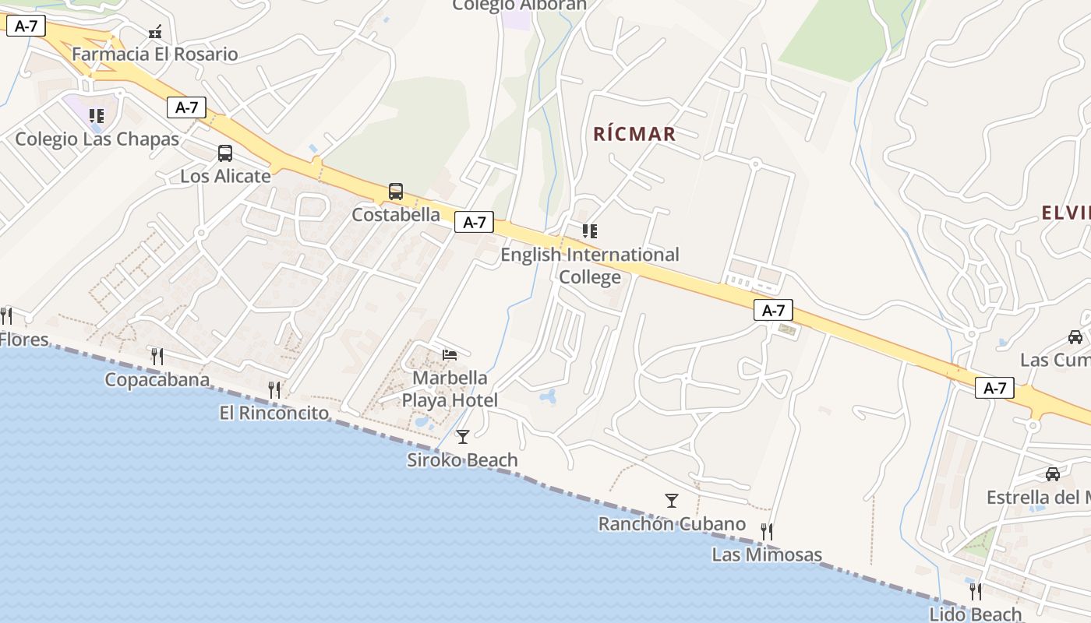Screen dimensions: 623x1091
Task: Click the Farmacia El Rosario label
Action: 154,55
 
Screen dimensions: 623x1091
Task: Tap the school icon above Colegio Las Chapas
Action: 97,116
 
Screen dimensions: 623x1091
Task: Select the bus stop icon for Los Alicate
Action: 225,153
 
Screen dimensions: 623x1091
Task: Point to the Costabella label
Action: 396,214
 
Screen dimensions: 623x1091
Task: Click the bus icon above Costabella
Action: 396,192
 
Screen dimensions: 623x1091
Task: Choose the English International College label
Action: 590,266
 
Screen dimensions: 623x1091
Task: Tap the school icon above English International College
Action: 590,231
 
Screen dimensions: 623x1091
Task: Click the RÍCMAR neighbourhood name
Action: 634,134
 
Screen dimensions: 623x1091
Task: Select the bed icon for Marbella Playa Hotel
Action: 450,355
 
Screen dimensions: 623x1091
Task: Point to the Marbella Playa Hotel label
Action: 450,389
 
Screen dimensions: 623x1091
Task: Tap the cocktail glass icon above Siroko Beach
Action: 463,437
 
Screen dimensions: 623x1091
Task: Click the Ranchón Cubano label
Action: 672,524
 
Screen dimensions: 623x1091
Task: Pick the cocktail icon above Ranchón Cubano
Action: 672,501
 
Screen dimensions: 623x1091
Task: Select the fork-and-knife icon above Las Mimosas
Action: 767,532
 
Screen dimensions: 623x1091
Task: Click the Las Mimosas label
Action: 767,554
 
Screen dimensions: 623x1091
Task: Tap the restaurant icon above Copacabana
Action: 157,357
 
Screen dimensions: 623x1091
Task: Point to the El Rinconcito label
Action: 274,413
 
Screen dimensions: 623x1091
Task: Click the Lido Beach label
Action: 975,614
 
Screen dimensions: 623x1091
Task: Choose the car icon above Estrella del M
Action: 1053,474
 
